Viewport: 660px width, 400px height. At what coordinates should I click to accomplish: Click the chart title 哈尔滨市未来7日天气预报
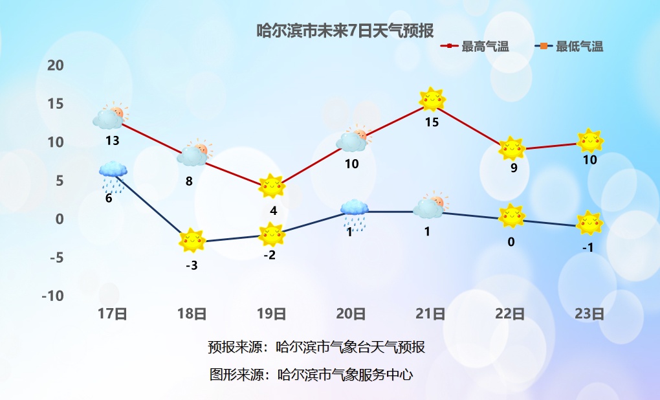pos(345,30)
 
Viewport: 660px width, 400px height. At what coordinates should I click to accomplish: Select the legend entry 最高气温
pos(475,47)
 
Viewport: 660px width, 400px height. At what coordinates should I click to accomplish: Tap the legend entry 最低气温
pos(569,47)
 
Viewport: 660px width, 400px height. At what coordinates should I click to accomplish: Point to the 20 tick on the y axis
pos(55,65)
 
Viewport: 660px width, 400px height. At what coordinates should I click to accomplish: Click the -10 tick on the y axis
pos(52,296)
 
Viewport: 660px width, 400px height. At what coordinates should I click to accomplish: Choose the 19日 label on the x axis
pos(272,314)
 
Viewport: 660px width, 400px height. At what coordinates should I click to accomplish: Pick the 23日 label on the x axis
pos(589,314)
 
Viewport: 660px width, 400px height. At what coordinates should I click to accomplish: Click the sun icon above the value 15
pos(432,100)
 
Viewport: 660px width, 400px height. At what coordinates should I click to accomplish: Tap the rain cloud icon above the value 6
pos(113,177)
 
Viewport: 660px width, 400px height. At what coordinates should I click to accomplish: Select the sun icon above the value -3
pos(192,240)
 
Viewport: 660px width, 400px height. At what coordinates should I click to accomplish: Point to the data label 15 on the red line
pos(432,122)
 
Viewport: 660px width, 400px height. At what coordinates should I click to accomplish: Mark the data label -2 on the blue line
pos(269,255)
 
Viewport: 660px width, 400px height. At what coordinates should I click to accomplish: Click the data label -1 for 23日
pos(588,248)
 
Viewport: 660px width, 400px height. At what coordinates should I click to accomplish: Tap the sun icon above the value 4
pos(272,186)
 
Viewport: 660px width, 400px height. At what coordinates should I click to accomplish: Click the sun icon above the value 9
pos(512,149)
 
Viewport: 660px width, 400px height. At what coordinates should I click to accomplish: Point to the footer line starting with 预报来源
pos(316,347)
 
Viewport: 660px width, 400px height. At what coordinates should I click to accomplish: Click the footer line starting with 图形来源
pos(311,374)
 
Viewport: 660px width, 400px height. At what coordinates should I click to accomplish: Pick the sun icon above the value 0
pos(512,216)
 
